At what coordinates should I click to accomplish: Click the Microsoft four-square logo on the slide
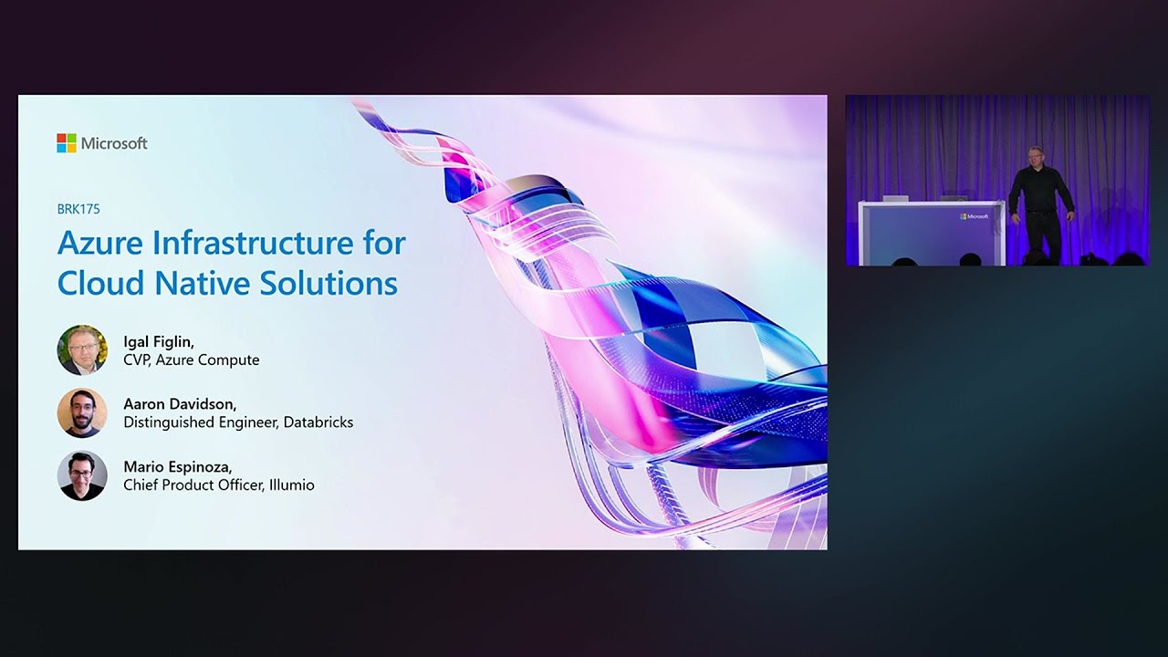point(67,143)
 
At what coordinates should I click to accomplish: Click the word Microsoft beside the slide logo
point(114,143)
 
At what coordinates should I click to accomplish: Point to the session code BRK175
point(78,209)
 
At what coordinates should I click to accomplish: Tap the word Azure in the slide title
point(99,244)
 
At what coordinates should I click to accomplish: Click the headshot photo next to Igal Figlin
point(82,350)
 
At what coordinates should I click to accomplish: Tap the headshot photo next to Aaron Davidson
point(82,412)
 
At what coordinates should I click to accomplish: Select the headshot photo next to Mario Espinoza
point(82,475)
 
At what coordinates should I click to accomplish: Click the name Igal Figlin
point(159,341)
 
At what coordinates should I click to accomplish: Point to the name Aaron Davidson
point(179,403)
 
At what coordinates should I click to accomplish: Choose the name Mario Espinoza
point(177,466)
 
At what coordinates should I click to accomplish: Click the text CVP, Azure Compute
point(192,360)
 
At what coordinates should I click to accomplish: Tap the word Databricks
point(318,422)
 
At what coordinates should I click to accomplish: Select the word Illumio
point(291,485)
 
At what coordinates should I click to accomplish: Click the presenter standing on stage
point(1040,203)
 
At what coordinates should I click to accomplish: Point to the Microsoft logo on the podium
point(975,216)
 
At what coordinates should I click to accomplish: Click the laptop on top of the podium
point(895,198)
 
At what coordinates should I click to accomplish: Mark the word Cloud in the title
point(101,283)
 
